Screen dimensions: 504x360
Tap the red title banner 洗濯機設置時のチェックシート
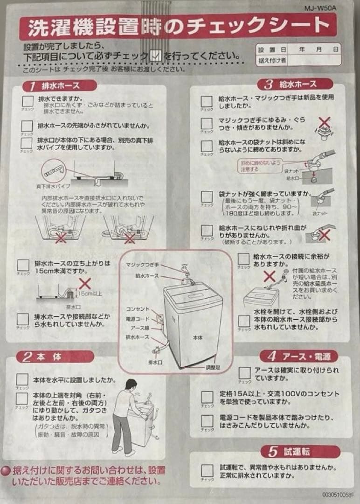pyautogui.click(x=177, y=28)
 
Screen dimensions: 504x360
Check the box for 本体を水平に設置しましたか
pyautogui.click(x=22, y=380)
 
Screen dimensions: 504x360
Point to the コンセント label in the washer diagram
pyautogui.click(x=138, y=309)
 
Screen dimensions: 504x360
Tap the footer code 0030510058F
pyautogui.click(x=338, y=495)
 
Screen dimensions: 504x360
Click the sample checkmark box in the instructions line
pyautogui.click(x=157, y=56)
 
